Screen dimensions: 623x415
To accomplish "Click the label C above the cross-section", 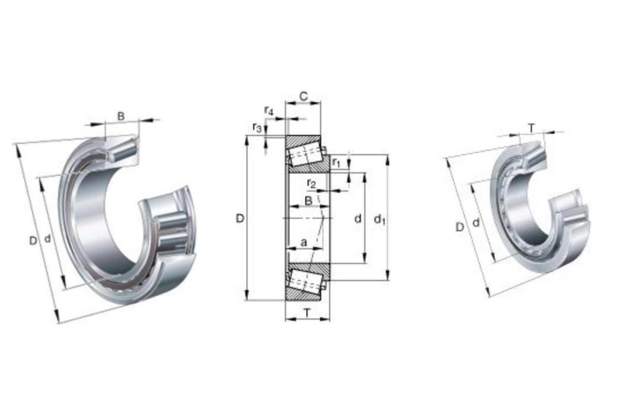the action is (303, 96).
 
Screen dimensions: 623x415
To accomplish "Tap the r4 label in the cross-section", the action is (269, 110).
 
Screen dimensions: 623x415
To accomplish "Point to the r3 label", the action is (257, 127).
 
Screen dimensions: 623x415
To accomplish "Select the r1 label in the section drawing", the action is (336, 162).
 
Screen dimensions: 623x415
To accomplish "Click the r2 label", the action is (311, 183).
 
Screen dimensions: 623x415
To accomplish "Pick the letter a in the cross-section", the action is (304, 242).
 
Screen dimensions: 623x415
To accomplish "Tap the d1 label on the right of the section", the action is (380, 219).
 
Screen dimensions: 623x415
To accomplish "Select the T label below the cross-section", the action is (307, 314).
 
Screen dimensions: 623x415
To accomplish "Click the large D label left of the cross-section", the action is (240, 218).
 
